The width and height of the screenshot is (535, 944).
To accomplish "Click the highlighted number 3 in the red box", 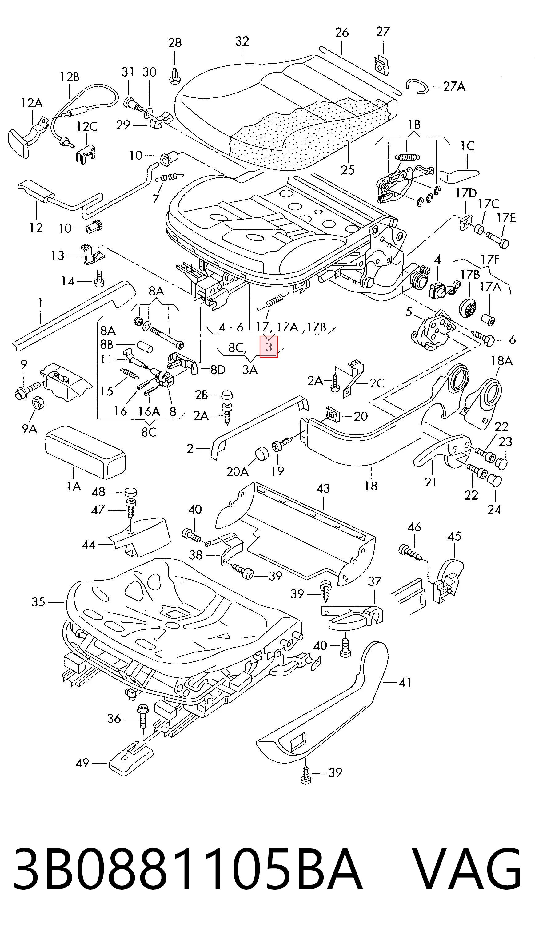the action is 269,347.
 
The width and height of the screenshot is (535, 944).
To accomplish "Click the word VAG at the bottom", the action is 466,868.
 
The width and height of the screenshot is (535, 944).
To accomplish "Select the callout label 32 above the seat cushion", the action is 242,41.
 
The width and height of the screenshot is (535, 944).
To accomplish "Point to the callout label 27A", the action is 454,87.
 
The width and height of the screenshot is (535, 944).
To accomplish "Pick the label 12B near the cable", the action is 70,77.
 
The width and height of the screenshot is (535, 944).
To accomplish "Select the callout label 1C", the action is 467,146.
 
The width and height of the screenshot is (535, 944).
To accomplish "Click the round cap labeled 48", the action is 130,492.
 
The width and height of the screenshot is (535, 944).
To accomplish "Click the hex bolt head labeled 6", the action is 489,341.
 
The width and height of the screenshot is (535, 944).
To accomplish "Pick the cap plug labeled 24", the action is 495,479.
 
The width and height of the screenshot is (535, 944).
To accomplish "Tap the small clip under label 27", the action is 381,65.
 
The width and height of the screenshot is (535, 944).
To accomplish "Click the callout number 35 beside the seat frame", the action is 38,602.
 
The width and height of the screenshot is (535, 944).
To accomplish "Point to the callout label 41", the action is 405,683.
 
